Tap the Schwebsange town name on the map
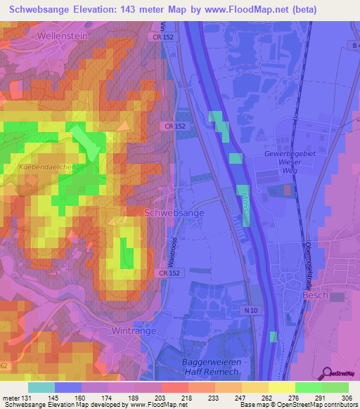click(x=174, y=212)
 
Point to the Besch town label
click(x=316, y=296)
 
